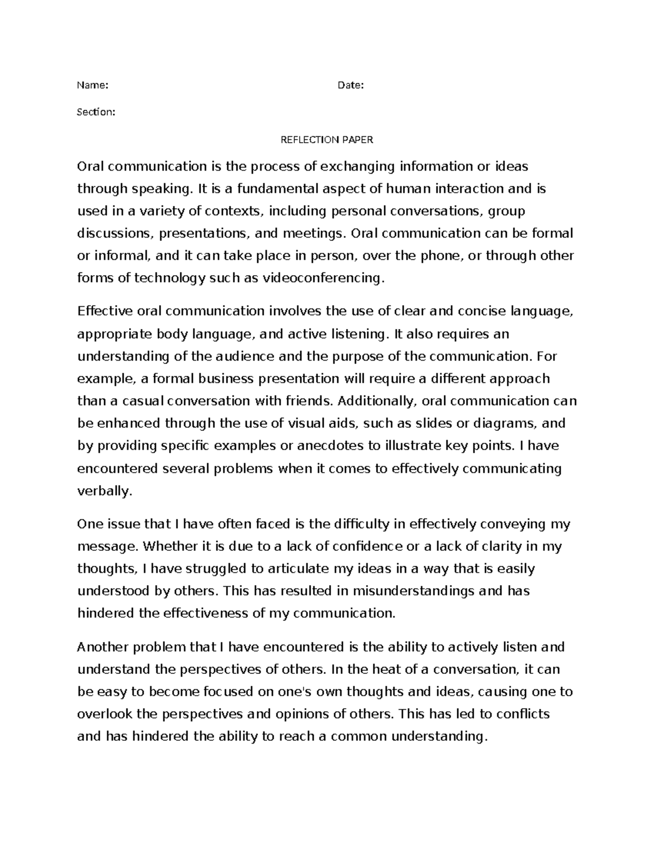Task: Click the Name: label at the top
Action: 93,85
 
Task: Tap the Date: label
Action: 350,85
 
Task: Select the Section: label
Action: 96,112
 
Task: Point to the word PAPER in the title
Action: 358,140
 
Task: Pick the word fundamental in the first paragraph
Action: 277,189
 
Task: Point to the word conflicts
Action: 523,714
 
